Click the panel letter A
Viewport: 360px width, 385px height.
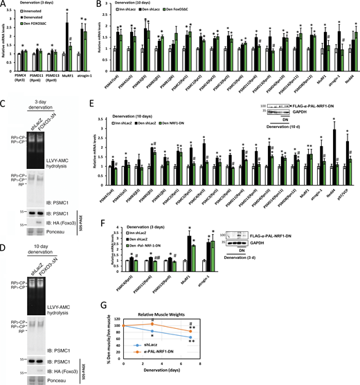pos(5,6)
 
